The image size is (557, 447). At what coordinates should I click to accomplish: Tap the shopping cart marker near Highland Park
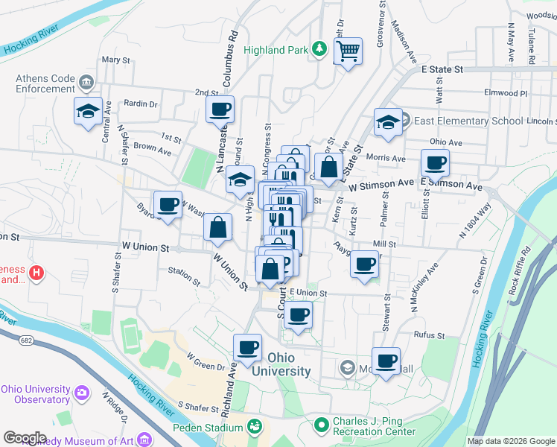348,53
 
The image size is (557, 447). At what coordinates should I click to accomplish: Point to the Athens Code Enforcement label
45,83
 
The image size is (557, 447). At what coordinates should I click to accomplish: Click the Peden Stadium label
208,428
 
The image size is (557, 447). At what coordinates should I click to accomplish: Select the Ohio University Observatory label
36,394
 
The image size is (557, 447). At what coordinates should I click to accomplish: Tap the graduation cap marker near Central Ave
88,112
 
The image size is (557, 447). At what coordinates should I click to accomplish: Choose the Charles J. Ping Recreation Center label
375,426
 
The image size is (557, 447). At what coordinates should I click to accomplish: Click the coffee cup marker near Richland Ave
247,347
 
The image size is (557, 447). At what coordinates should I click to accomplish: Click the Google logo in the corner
25,437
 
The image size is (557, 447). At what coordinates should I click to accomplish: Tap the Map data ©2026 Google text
510,441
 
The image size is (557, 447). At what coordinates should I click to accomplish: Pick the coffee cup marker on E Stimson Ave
435,163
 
